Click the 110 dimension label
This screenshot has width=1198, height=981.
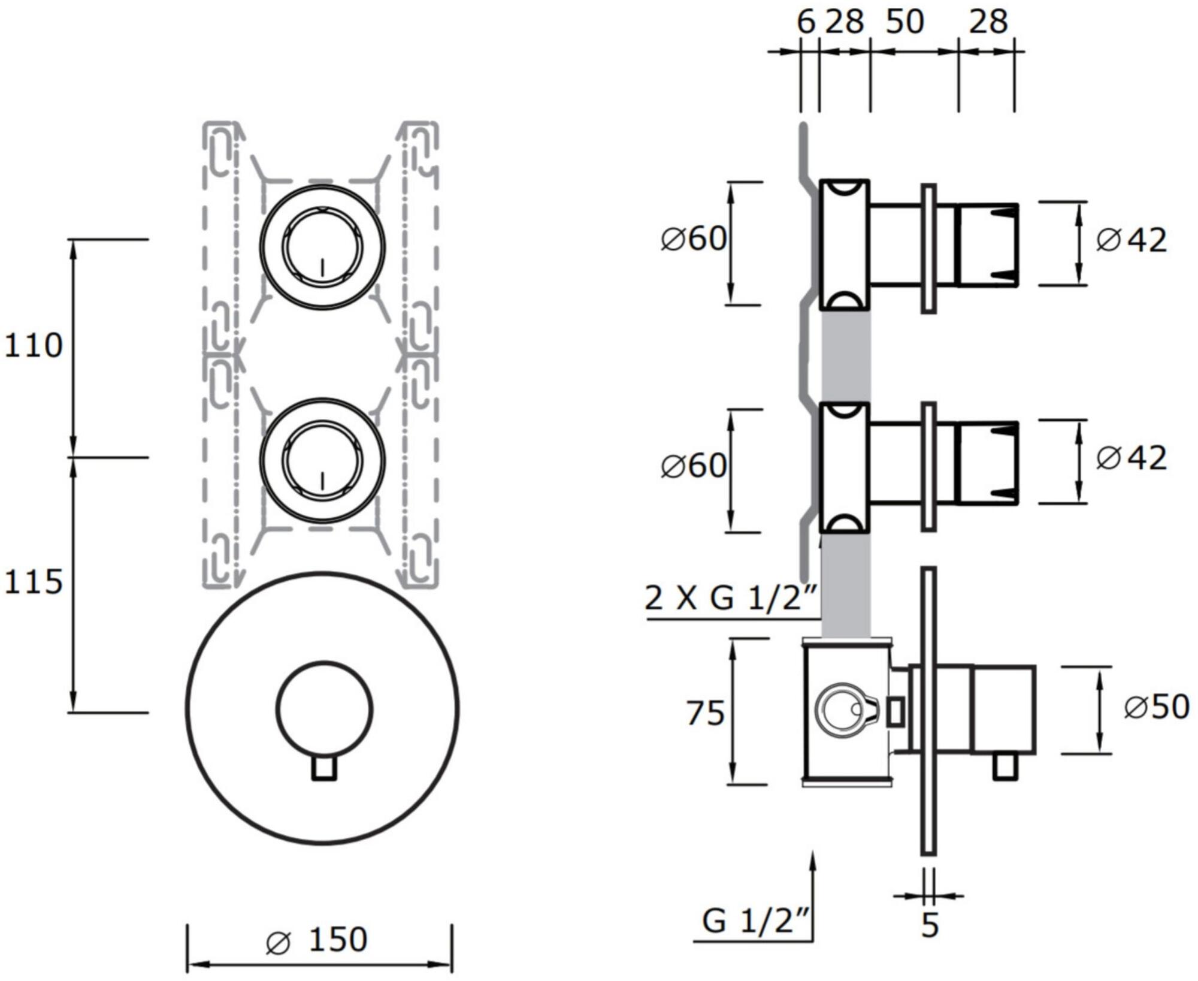pos(34,346)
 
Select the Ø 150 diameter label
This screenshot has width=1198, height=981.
pos(317,939)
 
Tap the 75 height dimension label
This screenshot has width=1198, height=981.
pos(705,714)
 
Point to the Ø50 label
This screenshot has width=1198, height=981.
pos(1156,707)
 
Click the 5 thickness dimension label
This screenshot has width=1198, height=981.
pos(929,925)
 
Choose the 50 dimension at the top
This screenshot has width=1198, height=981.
pos(904,22)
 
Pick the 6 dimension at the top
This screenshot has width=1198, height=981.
pos(806,22)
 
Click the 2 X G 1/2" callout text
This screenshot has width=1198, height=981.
pos(731,597)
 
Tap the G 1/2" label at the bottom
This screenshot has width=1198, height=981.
pos(756,921)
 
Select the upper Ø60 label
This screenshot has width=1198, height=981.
pos(694,239)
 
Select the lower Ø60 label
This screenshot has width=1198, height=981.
pos(694,466)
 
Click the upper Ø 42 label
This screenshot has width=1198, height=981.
pos(1132,241)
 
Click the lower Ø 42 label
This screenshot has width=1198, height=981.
pos(1132,458)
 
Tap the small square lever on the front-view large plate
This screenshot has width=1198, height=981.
pos(324,768)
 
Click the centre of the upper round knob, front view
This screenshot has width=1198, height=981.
pos(322,247)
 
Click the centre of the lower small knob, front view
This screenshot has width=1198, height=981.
pos(322,460)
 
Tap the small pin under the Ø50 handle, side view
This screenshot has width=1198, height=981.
pos(1005,767)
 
